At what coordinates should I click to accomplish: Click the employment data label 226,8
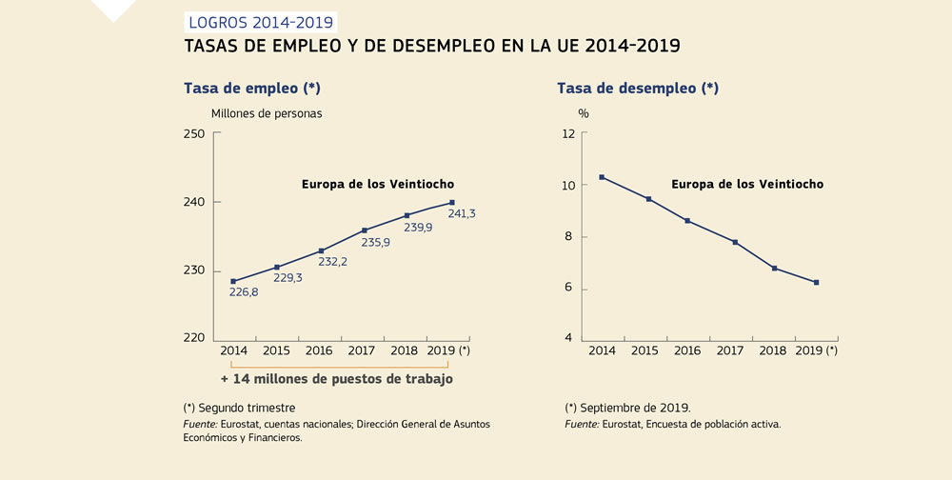click(244, 292)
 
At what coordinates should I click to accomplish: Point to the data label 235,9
click(374, 242)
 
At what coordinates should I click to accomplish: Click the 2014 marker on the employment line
click(233, 281)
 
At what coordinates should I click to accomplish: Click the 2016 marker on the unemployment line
click(687, 221)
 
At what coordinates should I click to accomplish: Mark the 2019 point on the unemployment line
click(816, 282)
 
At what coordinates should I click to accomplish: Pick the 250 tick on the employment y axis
click(193, 133)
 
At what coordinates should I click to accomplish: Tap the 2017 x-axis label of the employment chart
click(363, 350)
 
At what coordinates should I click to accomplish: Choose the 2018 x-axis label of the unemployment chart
click(773, 350)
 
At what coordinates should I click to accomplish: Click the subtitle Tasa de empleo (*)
click(251, 89)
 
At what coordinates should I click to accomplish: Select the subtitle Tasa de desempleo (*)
click(637, 89)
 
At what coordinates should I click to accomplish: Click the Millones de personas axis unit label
click(267, 113)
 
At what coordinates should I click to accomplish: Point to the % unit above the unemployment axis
click(584, 113)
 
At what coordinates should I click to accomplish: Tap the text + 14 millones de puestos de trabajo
click(336, 379)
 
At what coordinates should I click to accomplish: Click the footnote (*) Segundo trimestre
click(239, 408)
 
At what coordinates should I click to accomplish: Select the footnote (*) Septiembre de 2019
click(627, 408)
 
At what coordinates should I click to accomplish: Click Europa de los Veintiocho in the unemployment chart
click(747, 184)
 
